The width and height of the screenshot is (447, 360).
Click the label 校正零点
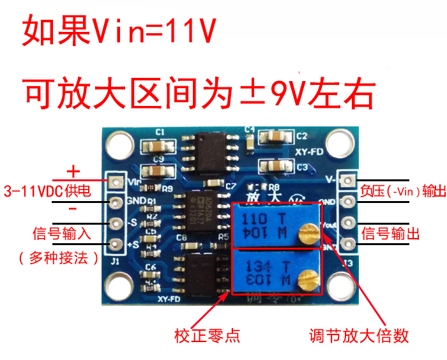pos(207,334)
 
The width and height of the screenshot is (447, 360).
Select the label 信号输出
pos(390,233)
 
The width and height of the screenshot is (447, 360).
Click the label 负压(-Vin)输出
pos(402,191)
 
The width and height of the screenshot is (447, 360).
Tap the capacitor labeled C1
pos(158,146)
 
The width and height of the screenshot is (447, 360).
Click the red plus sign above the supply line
pos(74,171)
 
